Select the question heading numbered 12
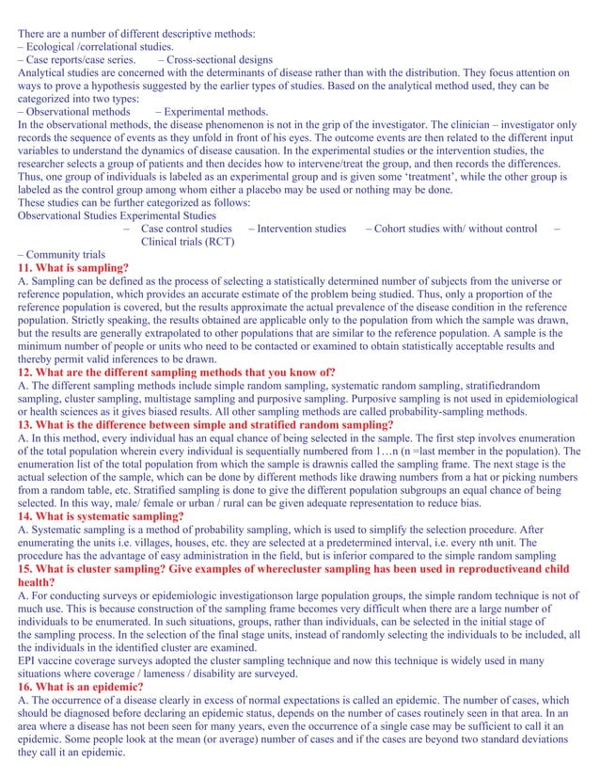click(x=177, y=373)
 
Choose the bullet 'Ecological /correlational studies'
click(x=99, y=46)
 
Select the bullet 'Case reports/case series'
click(x=80, y=59)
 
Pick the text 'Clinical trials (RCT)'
click(x=187, y=242)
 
